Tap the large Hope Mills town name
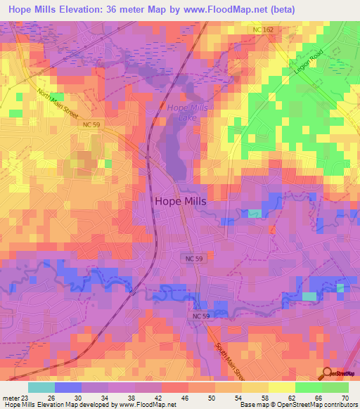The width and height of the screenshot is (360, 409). [181, 201]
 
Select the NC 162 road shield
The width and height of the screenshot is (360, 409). [262, 30]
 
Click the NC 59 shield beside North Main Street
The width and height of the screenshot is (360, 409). [91, 124]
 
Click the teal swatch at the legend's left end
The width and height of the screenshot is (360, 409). [41, 387]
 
